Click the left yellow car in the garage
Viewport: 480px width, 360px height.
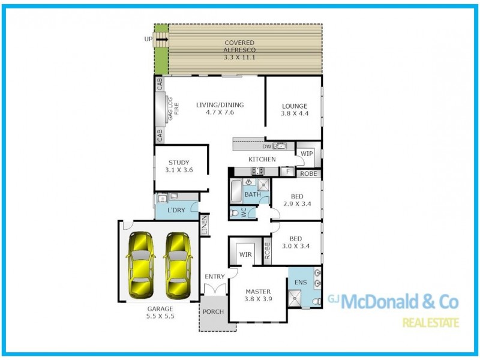[143, 265]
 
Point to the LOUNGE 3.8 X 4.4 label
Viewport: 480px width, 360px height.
[295, 110]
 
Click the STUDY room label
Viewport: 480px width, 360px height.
[179, 166]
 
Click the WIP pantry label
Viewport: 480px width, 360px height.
[307, 154]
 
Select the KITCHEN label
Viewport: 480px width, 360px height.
[262, 160]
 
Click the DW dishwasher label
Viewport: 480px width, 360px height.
[267, 146]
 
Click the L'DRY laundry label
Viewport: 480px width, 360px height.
[175, 210]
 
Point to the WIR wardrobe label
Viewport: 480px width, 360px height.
[245, 255]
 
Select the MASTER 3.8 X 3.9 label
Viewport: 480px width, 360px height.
[259, 295]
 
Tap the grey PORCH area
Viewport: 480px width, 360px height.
[212, 312]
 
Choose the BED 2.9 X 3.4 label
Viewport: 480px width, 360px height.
[296, 200]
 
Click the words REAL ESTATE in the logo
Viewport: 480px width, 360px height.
[430, 323]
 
